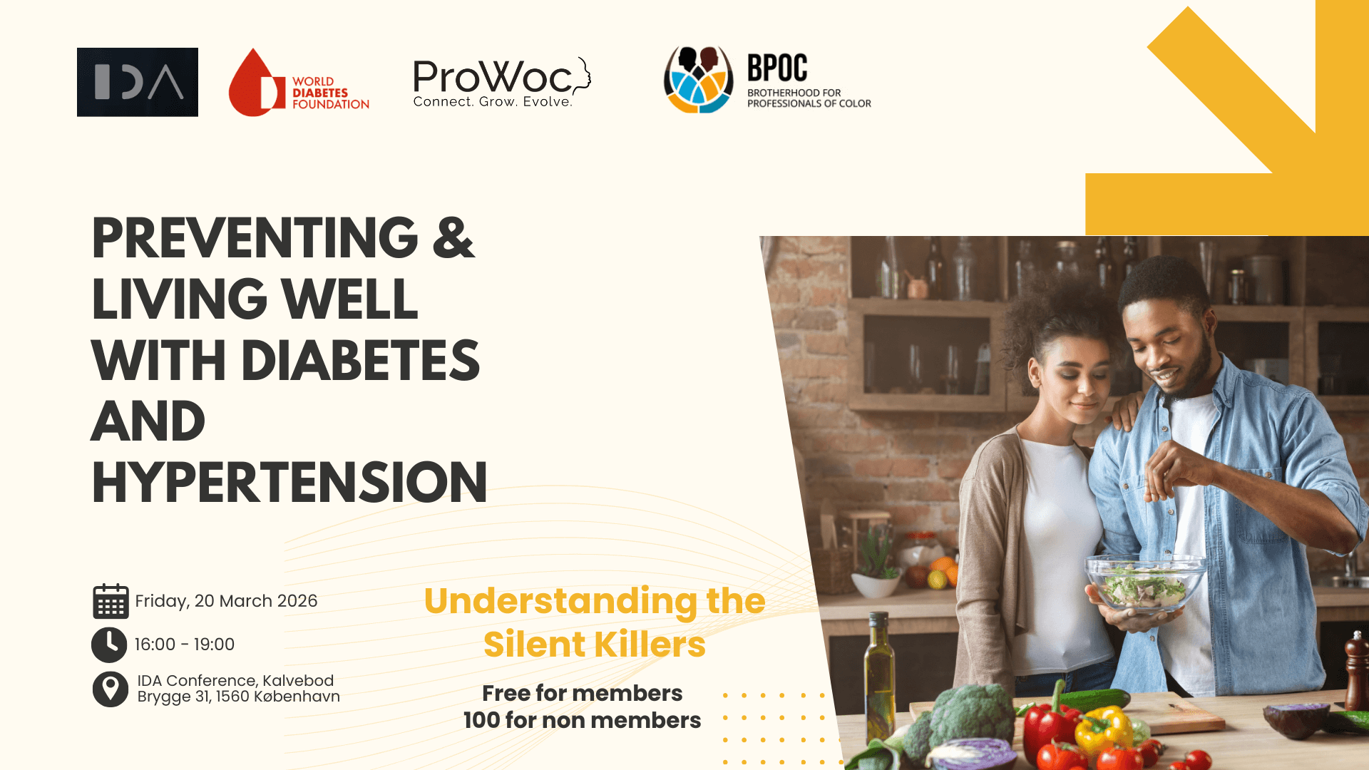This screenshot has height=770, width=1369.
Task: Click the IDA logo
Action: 138,82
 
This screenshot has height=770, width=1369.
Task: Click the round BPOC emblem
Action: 698,80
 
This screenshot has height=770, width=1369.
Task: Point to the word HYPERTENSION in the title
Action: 289,483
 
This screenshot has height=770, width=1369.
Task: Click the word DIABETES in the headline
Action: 361,361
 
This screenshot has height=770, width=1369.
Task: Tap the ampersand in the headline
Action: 453,238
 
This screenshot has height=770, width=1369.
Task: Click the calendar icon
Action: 111,601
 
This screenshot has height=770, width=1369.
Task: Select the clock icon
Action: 109,645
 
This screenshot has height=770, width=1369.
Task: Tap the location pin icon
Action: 111,689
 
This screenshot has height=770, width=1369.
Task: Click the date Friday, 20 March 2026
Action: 226,601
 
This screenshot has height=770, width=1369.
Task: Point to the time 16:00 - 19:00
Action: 185,645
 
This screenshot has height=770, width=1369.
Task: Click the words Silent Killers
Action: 594,645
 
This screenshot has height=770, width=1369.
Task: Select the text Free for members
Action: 582,693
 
